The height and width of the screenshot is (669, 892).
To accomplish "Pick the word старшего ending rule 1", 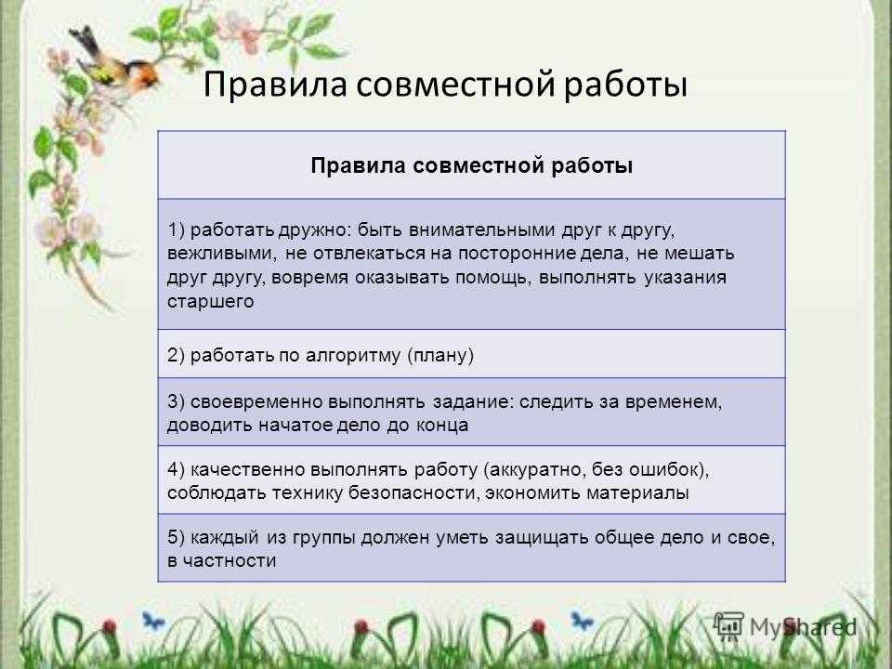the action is (211, 302).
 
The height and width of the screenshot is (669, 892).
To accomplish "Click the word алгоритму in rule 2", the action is (353, 356).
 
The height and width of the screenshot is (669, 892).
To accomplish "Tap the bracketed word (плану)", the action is (440, 356).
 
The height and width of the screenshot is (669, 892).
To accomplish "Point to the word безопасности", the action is (413, 492).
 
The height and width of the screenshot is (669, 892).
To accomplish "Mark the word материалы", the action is (637, 493).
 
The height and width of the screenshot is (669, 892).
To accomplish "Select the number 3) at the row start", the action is (176, 401).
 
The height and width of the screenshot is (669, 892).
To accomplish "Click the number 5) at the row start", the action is (176, 538).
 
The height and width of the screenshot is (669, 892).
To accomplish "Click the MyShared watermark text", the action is (803, 627).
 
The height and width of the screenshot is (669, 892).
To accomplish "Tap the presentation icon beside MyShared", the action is (728, 626).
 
